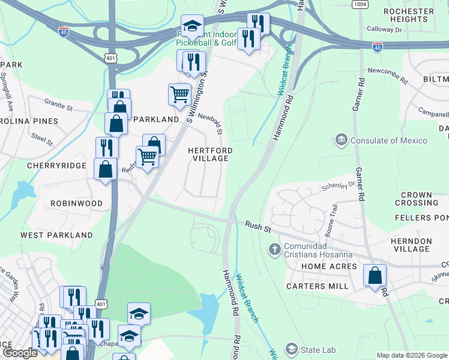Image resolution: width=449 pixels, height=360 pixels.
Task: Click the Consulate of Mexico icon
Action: (342, 140)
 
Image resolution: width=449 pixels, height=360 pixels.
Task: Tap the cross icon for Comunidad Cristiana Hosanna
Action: (274, 248)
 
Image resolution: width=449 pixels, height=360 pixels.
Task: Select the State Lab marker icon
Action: (292, 349)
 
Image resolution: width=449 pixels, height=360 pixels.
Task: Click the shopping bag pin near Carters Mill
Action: (375, 277)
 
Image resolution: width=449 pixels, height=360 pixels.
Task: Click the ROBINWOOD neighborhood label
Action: (76, 203)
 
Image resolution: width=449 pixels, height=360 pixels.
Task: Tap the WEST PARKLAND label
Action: (49, 235)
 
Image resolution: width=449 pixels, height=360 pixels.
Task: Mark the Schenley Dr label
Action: (338, 186)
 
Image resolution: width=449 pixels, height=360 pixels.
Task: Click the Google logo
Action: (19, 353)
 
